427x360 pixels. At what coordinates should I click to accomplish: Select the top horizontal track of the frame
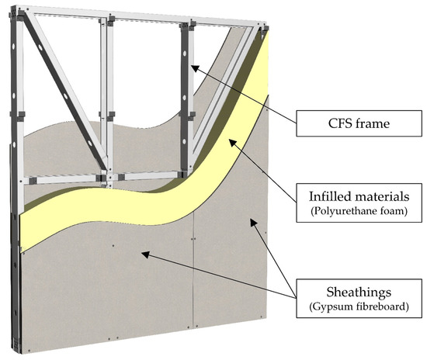click(x=140, y=13)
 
